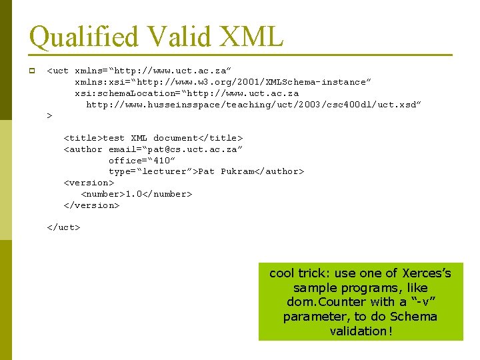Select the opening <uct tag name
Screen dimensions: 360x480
(x=58, y=71)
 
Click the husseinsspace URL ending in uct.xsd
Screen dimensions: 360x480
(x=254, y=105)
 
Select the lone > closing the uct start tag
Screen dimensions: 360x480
(x=49, y=116)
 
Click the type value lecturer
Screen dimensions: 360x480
(x=166, y=171)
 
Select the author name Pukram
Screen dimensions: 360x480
(x=237, y=171)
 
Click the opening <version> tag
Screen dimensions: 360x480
(x=89, y=183)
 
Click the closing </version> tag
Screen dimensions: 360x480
(x=91, y=205)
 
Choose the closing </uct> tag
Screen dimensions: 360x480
(x=63, y=227)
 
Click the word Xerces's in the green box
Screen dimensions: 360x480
(x=427, y=273)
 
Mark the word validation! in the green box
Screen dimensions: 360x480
(x=361, y=331)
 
